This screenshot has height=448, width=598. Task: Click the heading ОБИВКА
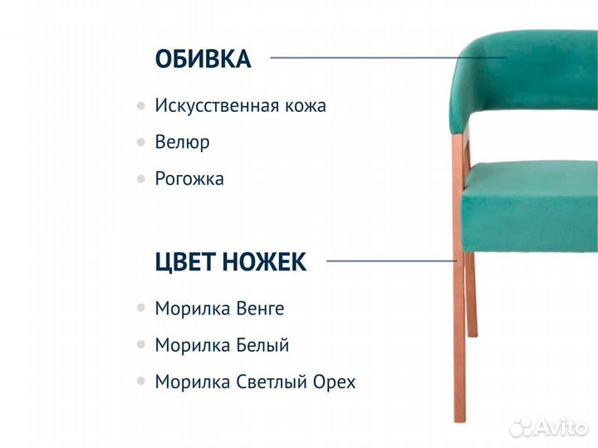(x=203, y=60)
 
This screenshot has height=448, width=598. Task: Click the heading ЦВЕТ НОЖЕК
(x=230, y=262)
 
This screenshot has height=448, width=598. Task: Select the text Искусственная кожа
(x=240, y=106)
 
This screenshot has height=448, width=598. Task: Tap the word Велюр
(x=182, y=142)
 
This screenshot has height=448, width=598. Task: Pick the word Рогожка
(x=189, y=178)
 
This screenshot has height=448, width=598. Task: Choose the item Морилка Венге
(x=219, y=309)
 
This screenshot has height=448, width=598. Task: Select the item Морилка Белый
(x=222, y=345)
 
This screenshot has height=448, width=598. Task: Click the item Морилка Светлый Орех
(x=255, y=382)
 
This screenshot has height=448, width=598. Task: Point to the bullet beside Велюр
(x=140, y=143)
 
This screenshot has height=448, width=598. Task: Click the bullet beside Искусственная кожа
(x=140, y=106)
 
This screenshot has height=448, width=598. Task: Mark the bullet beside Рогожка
(x=140, y=178)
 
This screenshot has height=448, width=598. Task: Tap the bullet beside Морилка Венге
(x=140, y=309)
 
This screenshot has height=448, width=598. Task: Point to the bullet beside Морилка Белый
(x=140, y=345)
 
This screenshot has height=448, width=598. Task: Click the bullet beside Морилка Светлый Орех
(x=140, y=382)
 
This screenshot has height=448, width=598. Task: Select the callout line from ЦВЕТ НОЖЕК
(x=390, y=261)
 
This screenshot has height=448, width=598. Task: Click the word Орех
(x=334, y=382)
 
